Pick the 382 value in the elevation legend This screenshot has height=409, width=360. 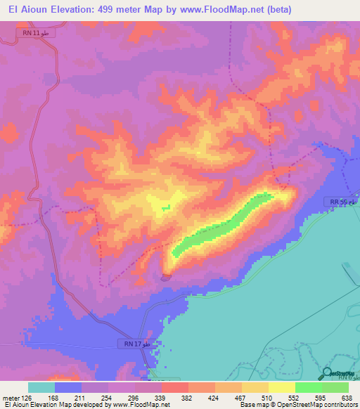pyautogui.click(x=188, y=398)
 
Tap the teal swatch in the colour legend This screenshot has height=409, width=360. pyautogui.click(x=41, y=387)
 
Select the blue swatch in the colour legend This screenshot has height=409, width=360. pyautogui.click(x=68, y=387)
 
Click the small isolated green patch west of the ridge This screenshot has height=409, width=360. pyautogui.click(x=166, y=207)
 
